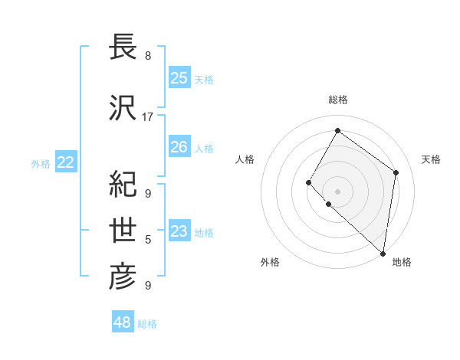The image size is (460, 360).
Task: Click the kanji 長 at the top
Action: (x=123, y=47)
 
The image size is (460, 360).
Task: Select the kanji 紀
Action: (x=123, y=184)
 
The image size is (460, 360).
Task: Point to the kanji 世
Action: (x=123, y=231)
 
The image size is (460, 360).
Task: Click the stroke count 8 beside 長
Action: (x=147, y=56)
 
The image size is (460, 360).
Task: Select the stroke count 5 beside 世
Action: (x=147, y=240)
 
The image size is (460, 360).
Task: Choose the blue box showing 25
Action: (x=179, y=78)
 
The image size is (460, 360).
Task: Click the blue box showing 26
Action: (x=179, y=147)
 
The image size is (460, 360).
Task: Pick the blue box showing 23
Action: (x=179, y=231)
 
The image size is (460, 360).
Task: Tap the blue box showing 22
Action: (x=66, y=162)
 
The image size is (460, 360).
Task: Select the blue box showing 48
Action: (x=123, y=322)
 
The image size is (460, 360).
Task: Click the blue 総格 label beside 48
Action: (x=147, y=324)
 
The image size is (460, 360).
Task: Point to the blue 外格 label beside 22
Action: (x=41, y=163)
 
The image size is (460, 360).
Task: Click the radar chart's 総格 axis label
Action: (x=338, y=100)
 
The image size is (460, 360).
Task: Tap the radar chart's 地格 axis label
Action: (x=402, y=263)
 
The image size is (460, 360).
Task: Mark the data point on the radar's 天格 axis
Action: (x=396, y=172)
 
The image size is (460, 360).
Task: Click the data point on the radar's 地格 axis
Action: (x=383, y=253)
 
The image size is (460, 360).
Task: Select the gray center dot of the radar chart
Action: (x=338, y=191)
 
